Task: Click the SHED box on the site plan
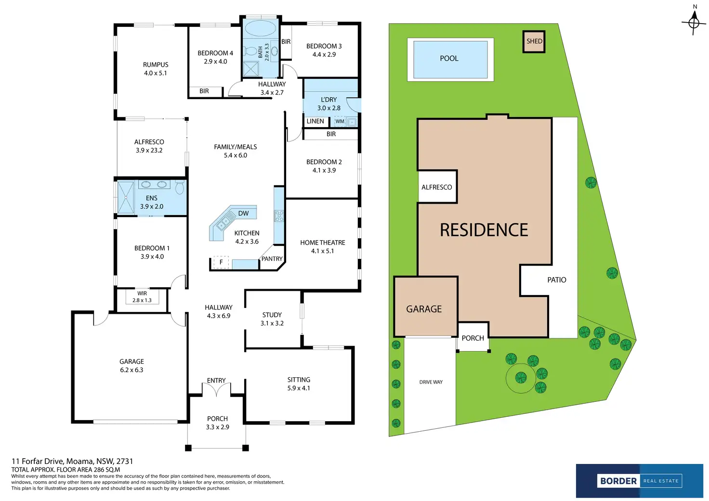coord(534,41)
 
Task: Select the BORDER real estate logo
coord(639,481)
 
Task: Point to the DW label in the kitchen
coord(243,213)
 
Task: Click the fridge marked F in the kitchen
coord(221,262)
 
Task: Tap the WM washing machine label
coord(340,121)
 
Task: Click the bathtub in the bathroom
coord(260,28)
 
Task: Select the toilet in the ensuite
coord(180,187)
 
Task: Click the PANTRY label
coord(272,259)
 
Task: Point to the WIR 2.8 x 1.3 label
coord(142,297)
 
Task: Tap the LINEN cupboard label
coord(315,121)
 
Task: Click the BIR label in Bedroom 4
coord(204,91)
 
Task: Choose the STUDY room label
coord(272,315)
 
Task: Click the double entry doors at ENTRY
coord(217,390)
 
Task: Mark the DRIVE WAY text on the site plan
coord(431,382)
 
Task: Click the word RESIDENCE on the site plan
coord(484,230)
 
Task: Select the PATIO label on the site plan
coord(557,280)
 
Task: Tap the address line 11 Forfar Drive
coord(72,461)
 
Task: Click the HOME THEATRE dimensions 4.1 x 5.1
coord(322,251)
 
